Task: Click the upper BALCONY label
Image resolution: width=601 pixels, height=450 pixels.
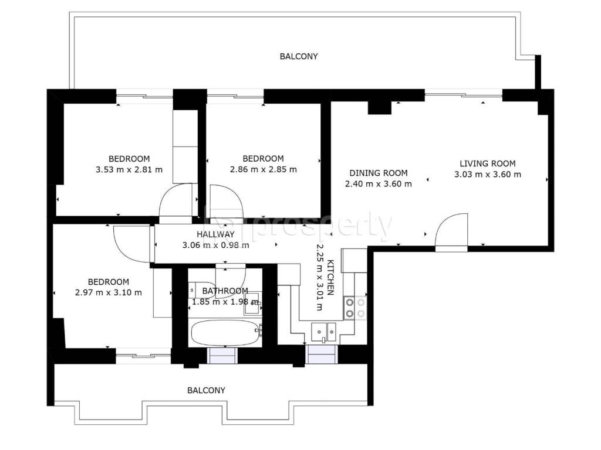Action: (x=299, y=56)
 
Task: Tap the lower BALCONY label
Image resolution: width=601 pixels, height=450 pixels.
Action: (x=206, y=390)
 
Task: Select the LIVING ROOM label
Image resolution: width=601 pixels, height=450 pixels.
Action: (x=488, y=163)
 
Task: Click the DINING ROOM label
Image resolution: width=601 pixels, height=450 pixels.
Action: (x=379, y=173)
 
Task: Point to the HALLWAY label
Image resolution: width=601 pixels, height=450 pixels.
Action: (x=215, y=234)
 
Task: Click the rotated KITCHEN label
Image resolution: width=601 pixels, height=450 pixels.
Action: (x=330, y=278)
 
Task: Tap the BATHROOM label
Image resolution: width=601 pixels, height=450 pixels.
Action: (x=225, y=291)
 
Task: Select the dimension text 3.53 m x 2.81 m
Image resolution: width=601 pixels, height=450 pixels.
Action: (x=129, y=169)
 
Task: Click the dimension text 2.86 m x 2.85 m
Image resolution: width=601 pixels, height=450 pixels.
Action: (x=264, y=169)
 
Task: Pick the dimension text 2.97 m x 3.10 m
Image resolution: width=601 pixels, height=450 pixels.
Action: (x=109, y=293)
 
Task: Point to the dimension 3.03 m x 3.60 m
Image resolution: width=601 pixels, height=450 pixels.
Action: (x=488, y=175)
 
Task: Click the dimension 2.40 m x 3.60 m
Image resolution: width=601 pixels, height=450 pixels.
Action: (x=379, y=184)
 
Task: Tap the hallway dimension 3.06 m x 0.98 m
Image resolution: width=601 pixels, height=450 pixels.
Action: (x=215, y=246)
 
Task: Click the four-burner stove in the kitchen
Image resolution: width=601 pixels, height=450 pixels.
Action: (x=354, y=308)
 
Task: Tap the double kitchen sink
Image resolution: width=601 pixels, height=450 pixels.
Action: (x=324, y=332)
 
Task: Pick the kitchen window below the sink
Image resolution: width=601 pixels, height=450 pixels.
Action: (x=322, y=354)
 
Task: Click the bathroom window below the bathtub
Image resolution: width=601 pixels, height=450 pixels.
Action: (x=221, y=356)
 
